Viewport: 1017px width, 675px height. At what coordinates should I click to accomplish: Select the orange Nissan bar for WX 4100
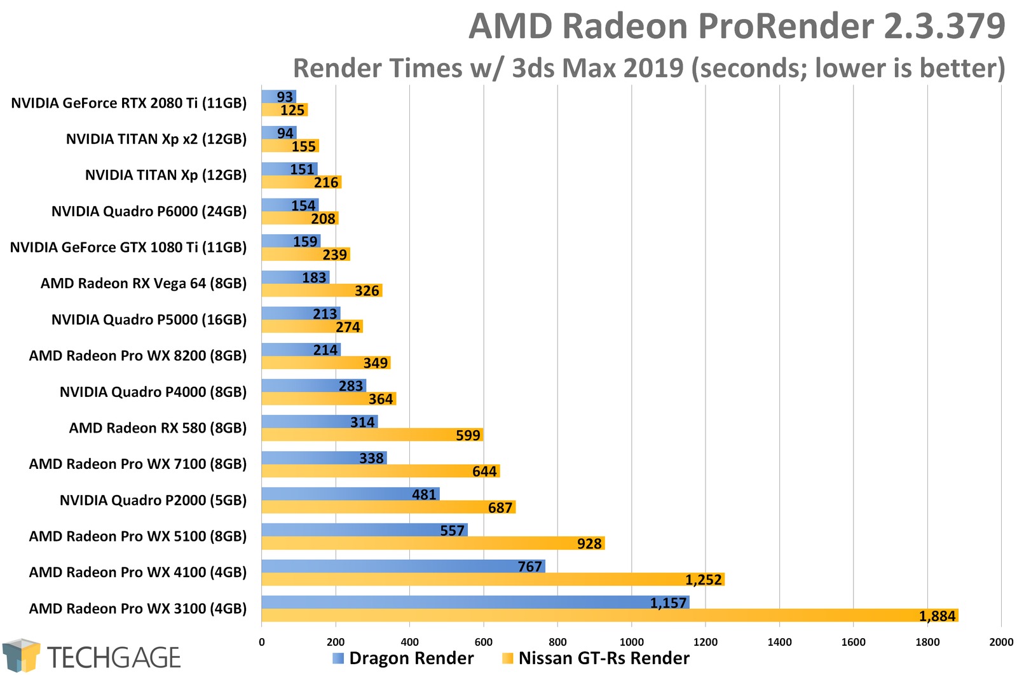coord(493,580)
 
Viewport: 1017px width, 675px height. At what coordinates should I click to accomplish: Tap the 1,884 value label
coord(937,616)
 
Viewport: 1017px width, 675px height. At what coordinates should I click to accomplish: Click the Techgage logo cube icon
coord(20,655)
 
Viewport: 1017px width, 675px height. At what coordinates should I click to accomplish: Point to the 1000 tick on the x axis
coord(631,642)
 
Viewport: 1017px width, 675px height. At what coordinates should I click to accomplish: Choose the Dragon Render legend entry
coord(403,658)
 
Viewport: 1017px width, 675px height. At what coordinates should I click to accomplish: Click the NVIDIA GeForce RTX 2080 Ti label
coord(128,103)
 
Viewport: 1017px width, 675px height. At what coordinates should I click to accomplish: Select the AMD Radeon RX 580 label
coord(158,428)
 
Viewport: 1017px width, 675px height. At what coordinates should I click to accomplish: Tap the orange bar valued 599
coord(372,435)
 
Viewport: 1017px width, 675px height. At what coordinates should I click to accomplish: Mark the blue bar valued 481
coord(350,494)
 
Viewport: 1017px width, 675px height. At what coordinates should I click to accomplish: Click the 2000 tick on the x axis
coord(1001,642)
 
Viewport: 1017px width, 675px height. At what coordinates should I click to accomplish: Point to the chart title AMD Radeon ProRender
coord(736,27)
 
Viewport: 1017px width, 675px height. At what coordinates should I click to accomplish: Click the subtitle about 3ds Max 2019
coord(648,68)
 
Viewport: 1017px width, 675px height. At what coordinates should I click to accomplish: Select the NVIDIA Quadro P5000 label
coord(149,320)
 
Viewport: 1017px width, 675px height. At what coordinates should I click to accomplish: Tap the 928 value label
coord(589,544)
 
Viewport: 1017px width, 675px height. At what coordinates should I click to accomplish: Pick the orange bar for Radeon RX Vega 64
coord(322,291)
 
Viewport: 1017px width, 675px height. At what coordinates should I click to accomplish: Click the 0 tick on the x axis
coord(262,642)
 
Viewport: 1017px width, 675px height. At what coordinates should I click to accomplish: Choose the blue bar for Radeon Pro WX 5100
coord(364,530)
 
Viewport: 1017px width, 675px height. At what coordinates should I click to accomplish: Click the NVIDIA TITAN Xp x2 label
coord(156,139)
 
